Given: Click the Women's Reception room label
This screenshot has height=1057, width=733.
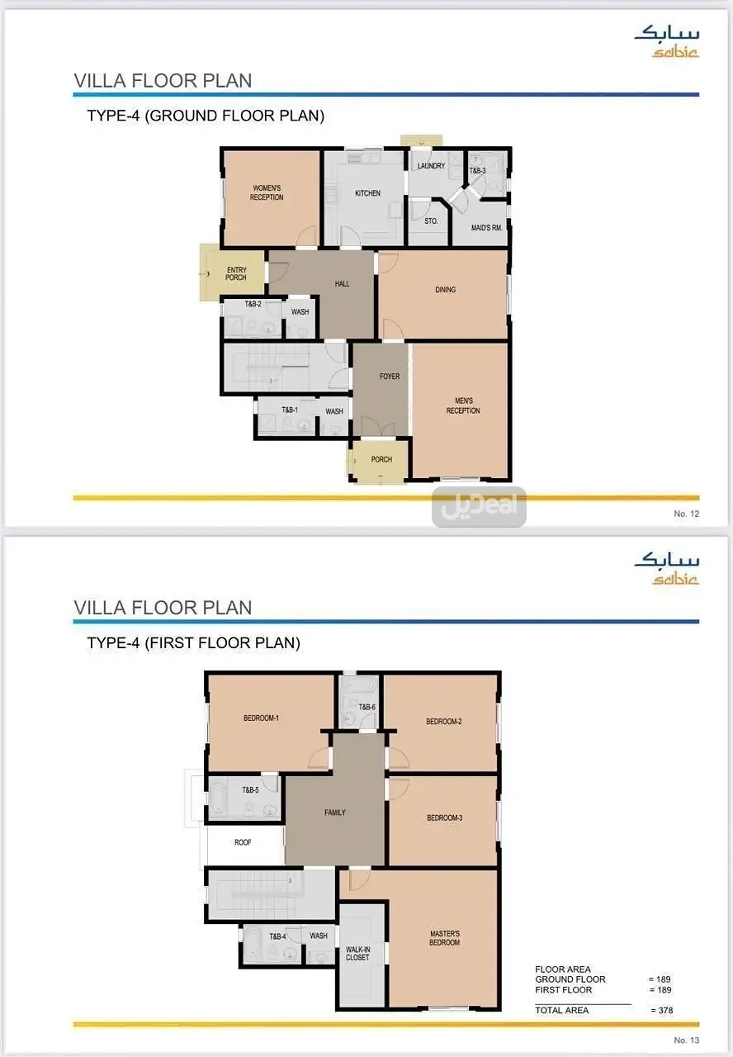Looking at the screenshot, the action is pyautogui.click(x=267, y=192).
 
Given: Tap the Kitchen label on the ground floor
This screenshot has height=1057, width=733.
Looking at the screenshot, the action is pyautogui.click(x=367, y=193).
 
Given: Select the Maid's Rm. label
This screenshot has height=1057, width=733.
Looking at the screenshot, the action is pyautogui.click(x=487, y=228).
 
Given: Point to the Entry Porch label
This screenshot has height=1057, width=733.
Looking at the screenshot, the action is pyautogui.click(x=236, y=273).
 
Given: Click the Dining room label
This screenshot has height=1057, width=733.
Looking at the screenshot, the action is pyautogui.click(x=445, y=289).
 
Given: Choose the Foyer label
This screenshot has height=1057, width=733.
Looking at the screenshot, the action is pyautogui.click(x=390, y=376).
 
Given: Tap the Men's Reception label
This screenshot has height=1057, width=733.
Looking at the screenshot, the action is pyautogui.click(x=463, y=405).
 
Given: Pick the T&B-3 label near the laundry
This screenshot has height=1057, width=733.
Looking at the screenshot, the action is pyautogui.click(x=477, y=170).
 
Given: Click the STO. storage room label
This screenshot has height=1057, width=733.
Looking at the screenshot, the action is pyautogui.click(x=431, y=220).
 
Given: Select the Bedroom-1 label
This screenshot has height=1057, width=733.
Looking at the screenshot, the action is pyautogui.click(x=262, y=718).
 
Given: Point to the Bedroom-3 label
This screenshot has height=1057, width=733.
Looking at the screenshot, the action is pyautogui.click(x=444, y=818).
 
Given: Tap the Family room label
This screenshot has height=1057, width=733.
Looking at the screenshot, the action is pyautogui.click(x=335, y=812).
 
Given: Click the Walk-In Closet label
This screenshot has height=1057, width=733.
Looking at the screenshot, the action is pyautogui.click(x=357, y=953).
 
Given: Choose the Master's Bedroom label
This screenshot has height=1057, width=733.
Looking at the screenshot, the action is pyautogui.click(x=444, y=938).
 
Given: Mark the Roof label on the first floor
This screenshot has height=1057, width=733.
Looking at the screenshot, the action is pyautogui.click(x=243, y=842).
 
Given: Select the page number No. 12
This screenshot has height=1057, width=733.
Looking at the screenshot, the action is pyautogui.click(x=686, y=514).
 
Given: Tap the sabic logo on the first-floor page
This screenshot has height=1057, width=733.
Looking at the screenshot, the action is pyautogui.click(x=666, y=570).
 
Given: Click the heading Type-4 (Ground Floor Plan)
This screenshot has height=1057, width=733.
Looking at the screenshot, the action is pyautogui.click(x=206, y=116).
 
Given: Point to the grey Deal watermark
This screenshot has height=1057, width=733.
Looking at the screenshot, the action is pyautogui.click(x=479, y=506).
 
